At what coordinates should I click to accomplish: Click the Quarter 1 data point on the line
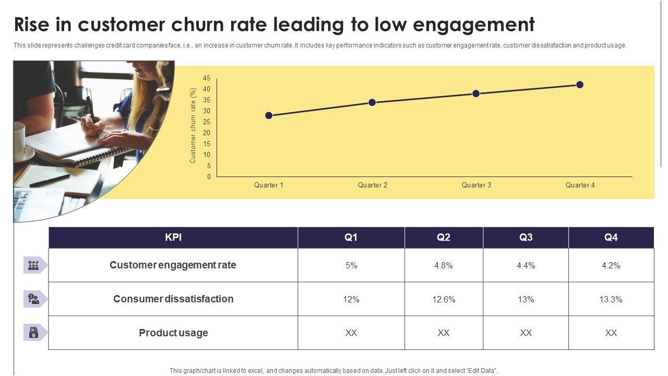tap(269, 115)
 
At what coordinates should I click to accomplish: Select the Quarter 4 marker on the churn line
tap(580, 85)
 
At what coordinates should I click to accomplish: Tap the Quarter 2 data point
tap(372, 102)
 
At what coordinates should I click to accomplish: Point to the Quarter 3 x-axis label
tap(476, 185)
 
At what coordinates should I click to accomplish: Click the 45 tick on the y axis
tap(207, 78)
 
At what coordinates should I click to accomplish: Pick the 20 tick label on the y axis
tap(207, 133)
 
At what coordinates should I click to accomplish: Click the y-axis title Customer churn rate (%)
tap(193, 125)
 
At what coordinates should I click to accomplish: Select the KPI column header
tap(173, 238)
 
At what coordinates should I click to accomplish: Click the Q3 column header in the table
tap(526, 238)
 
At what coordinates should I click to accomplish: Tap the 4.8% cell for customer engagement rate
tap(443, 265)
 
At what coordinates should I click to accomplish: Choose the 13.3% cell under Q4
tap(611, 299)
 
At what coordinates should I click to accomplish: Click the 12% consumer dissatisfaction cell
tap(351, 299)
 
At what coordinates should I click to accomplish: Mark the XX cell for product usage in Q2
tap(443, 333)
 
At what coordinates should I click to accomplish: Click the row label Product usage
tap(173, 333)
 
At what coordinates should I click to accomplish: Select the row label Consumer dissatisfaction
tap(173, 299)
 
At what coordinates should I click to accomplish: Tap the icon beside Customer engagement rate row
tap(34, 265)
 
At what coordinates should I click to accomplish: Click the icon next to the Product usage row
tap(34, 333)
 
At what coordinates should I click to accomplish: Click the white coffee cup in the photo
tap(19, 140)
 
